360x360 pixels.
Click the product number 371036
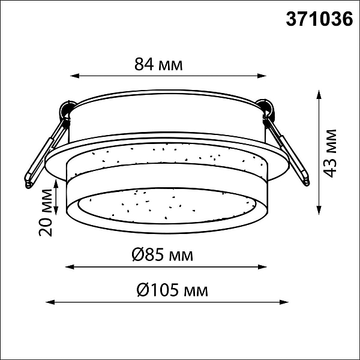pos(319,19)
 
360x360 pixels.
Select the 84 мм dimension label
pos(158,64)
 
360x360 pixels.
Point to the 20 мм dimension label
pos(46,212)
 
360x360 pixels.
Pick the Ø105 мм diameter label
pos(172,290)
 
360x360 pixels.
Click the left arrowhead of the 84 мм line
pos(74,76)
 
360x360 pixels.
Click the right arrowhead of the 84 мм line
pos(262,76)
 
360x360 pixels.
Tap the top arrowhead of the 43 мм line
pos(319,95)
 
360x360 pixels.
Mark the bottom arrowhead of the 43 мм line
pos(319,210)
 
